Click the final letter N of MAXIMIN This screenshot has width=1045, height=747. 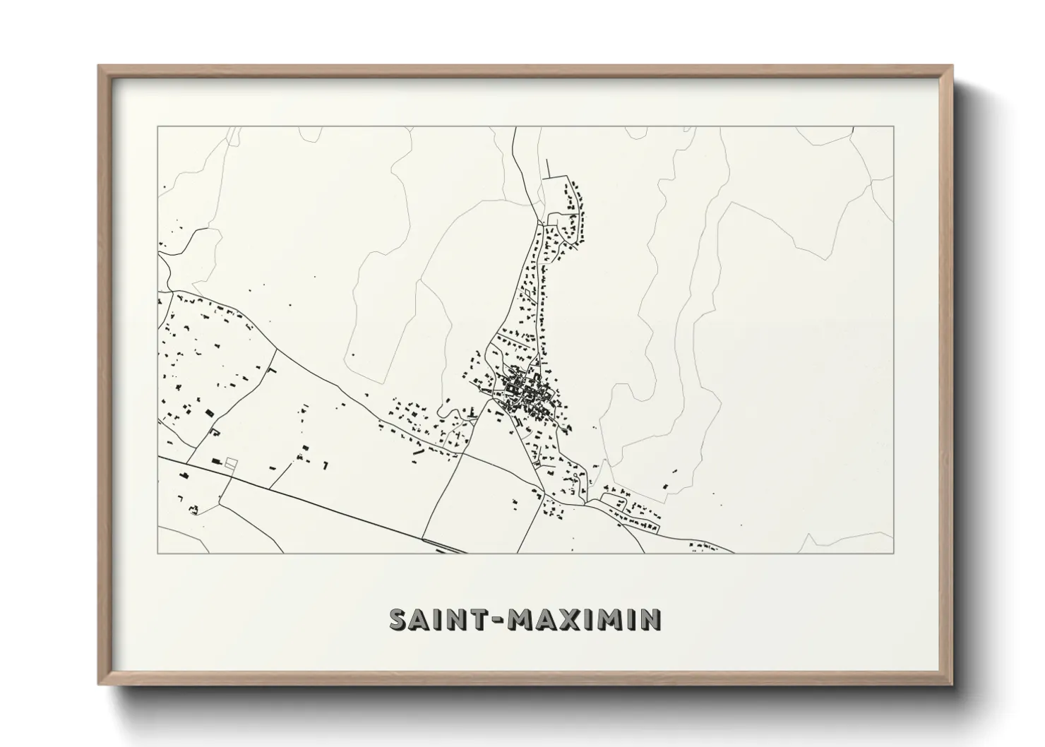pos(651,620)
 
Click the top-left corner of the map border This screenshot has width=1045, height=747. pos(157,126)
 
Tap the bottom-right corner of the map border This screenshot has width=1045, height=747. pos(894,553)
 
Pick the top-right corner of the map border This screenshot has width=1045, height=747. pos(894,126)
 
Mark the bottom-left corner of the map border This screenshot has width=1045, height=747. pos(157,553)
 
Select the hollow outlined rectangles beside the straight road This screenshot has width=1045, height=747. pos(230,462)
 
